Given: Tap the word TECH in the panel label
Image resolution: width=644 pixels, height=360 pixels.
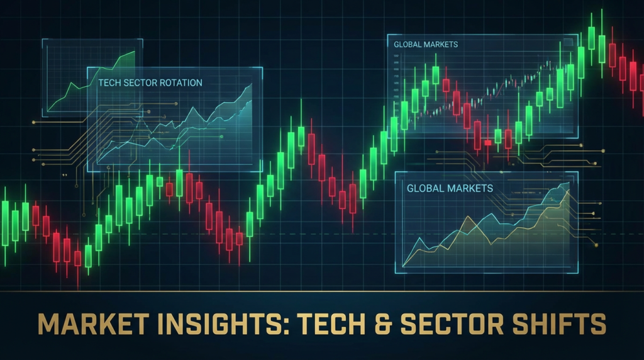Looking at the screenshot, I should pyautogui.click(x=109, y=82).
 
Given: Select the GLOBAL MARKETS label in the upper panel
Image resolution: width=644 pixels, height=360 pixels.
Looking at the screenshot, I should pyautogui.click(x=425, y=45).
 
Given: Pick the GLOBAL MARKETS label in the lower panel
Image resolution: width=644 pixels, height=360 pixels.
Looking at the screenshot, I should pyautogui.click(x=450, y=188).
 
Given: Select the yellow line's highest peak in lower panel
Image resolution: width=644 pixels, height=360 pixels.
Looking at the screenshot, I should pyautogui.click(x=569, y=192).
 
